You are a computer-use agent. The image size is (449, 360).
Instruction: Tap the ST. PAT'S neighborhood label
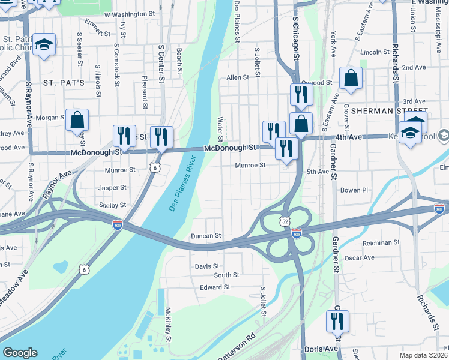pyautogui.click(x=63, y=82)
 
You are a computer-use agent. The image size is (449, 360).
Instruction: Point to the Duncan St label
pyautogui.click(x=206, y=236)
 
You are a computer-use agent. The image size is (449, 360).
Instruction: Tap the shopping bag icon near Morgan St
pyautogui.click(x=77, y=121)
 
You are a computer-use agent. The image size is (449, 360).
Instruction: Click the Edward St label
pyautogui.click(x=215, y=287)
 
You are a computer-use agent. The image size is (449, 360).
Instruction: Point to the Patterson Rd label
pyautogui.click(x=236, y=347)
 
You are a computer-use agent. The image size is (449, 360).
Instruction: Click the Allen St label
pyautogui.click(x=237, y=77)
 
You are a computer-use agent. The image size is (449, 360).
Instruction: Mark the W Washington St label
pyautogui.click(x=130, y=14)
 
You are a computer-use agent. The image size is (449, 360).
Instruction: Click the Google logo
pyautogui.click(x=20, y=353)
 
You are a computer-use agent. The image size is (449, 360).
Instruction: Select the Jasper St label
pyautogui.click(x=113, y=188)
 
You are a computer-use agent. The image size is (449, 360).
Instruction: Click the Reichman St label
pyautogui.click(x=381, y=243)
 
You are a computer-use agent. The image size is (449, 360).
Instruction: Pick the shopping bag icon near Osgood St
pyautogui.click(x=351, y=79)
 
